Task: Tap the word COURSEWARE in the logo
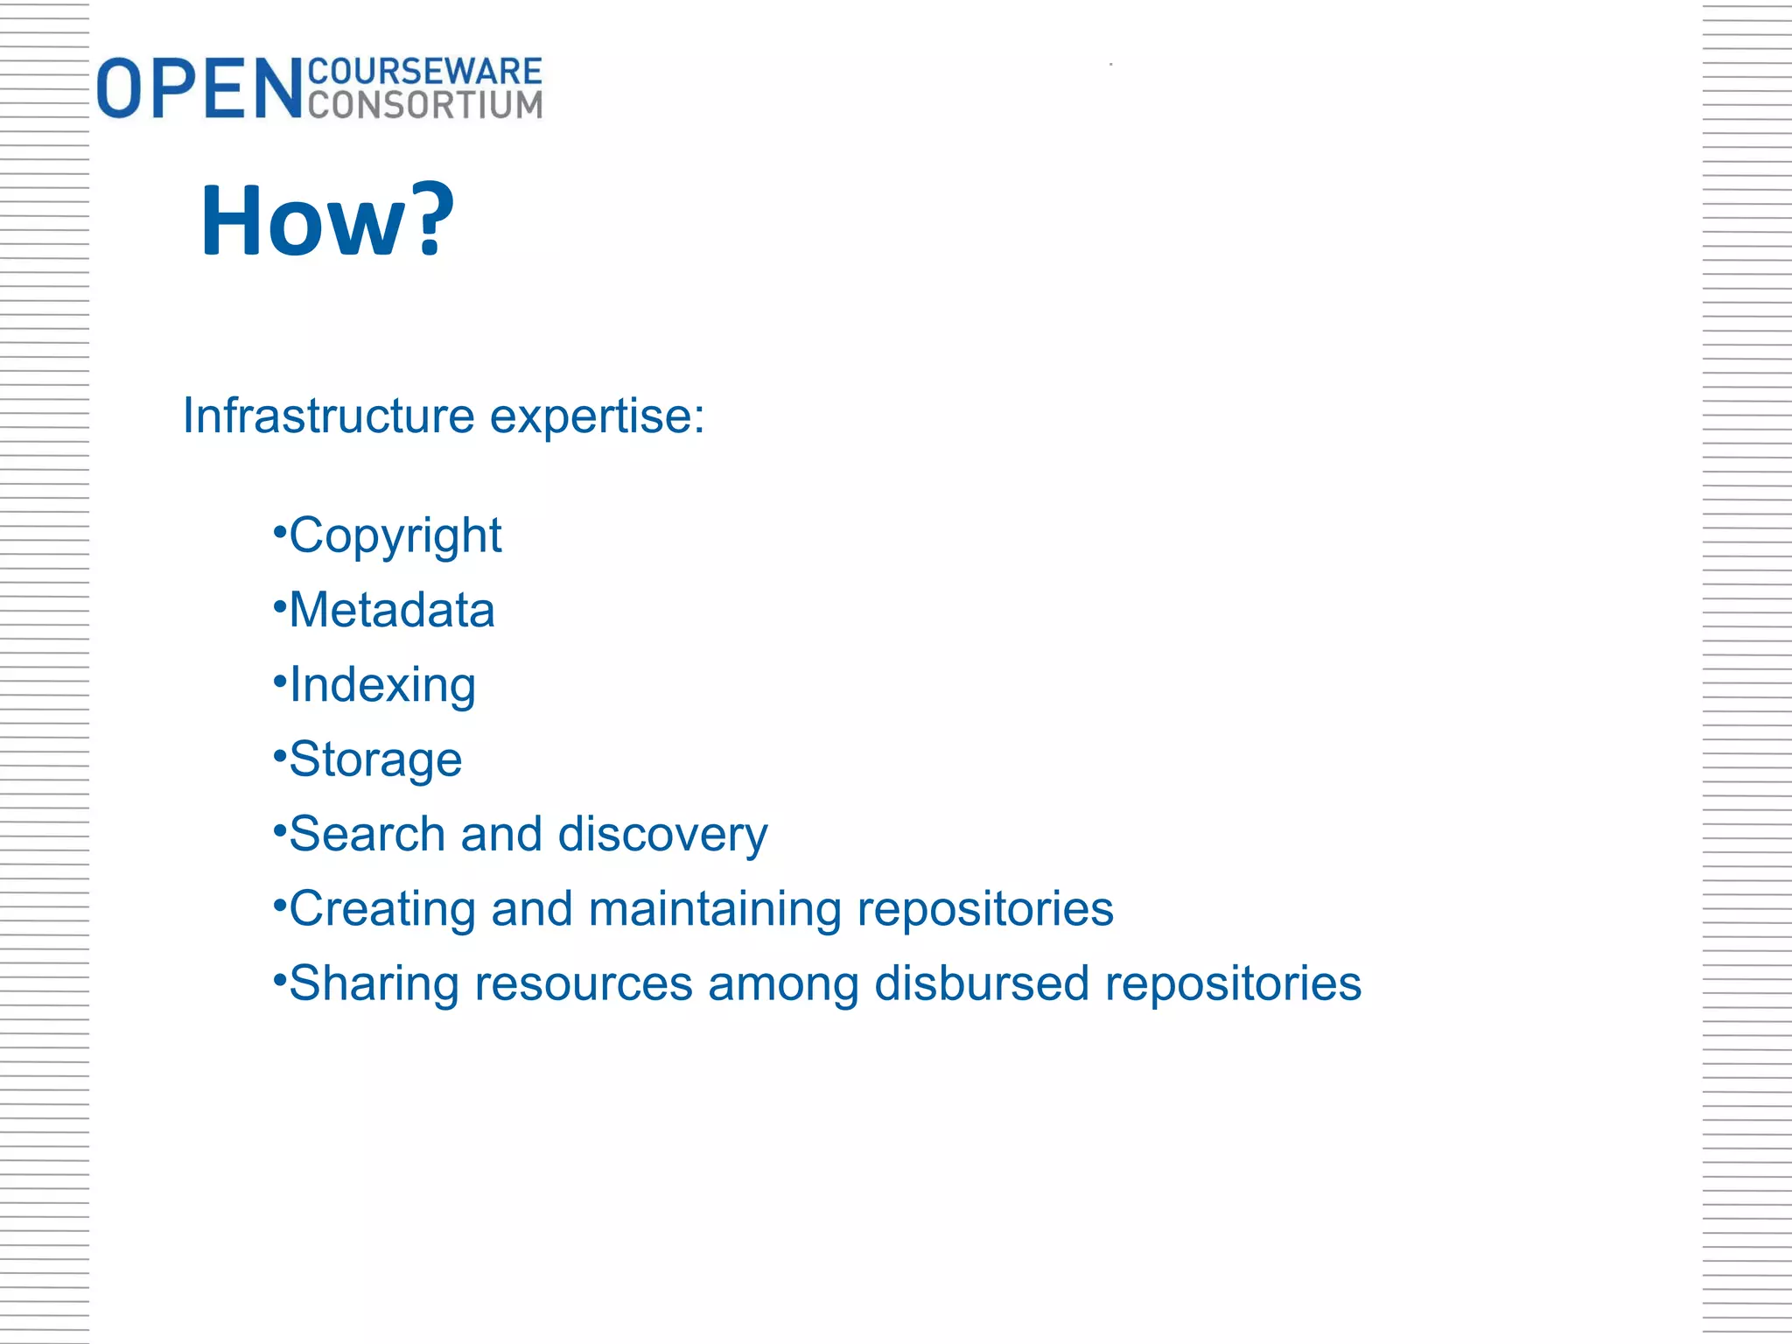tap(425, 71)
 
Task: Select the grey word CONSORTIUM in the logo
tap(425, 105)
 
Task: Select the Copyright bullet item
tap(395, 535)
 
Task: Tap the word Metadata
tap(391, 610)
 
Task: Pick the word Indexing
tap(382, 684)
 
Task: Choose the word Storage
tap(375, 759)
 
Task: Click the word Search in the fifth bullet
tap(367, 834)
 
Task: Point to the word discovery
tap(662, 834)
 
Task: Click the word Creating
tap(382, 908)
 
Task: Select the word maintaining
tap(715, 908)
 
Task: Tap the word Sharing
tap(374, 983)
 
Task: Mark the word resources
tap(584, 983)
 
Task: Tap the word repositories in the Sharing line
tap(1233, 983)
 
